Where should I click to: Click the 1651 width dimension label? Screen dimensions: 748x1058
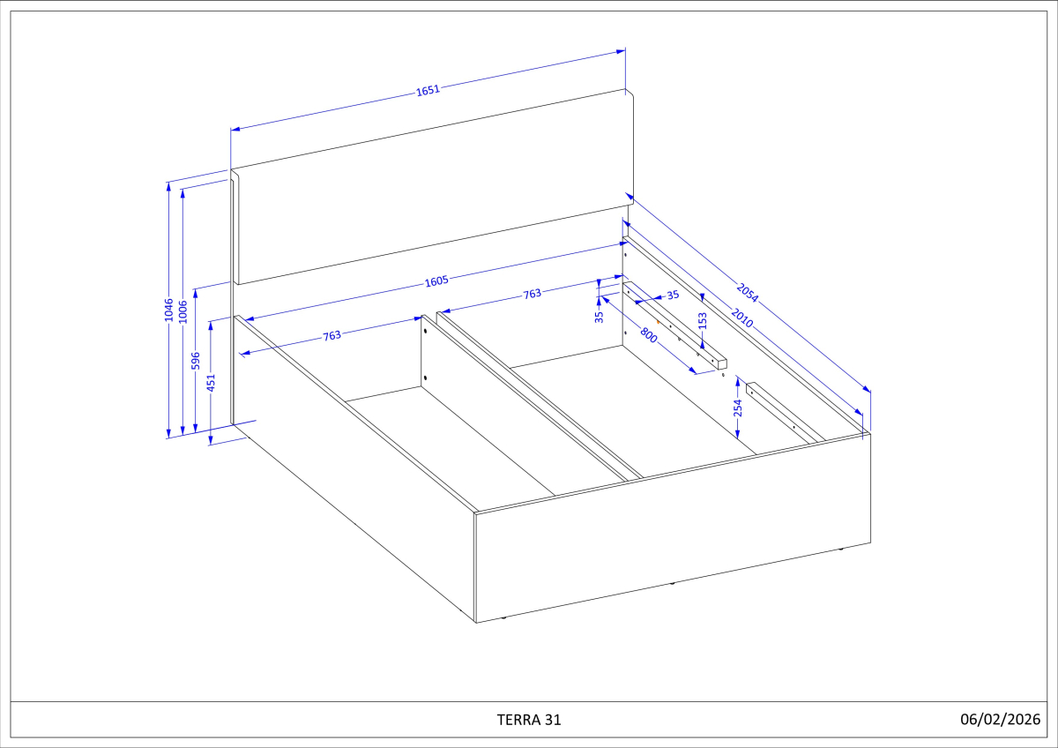[428, 89]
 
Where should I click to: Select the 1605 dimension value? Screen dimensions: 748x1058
[437, 281]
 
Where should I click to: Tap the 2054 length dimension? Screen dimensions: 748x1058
[747, 292]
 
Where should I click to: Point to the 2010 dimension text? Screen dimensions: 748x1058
[741, 319]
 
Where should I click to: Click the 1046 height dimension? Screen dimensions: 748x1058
[168, 310]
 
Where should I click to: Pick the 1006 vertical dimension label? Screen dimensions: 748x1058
[183, 311]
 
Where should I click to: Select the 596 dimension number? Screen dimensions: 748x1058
[197, 361]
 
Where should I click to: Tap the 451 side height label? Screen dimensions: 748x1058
[211, 381]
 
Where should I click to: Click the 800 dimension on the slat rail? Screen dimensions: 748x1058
[649, 334]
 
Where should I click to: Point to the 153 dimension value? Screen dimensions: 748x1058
[703, 321]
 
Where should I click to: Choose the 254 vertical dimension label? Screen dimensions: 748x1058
[738, 408]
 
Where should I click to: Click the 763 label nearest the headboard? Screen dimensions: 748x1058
[533, 294]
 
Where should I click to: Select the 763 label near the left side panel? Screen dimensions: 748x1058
[332, 335]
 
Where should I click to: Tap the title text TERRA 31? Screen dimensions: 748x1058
[529, 719]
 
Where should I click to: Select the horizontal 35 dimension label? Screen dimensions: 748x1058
[673, 295]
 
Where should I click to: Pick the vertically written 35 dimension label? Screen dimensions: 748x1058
[599, 315]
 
